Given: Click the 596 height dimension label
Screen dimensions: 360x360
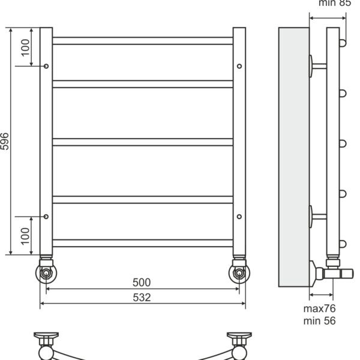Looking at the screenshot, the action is pyautogui.click(x=5, y=142).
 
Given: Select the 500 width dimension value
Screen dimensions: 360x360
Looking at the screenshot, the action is pyautogui.click(x=142, y=283).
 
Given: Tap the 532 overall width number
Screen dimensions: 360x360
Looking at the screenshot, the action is pyautogui.click(x=142, y=298).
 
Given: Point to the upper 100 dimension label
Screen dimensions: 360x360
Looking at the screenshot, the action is pyautogui.click(x=25, y=47).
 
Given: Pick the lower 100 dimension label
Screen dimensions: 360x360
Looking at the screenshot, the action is pyautogui.click(x=25, y=236).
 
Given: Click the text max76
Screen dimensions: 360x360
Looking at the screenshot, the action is pyautogui.click(x=319, y=308).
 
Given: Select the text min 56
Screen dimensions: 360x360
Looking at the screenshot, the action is pyautogui.click(x=319, y=321).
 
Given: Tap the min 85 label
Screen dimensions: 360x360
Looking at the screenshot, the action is pyautogui.click(x=335, y=3).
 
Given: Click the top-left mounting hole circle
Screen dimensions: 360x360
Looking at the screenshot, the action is pyautogui.click(x=46, y=66).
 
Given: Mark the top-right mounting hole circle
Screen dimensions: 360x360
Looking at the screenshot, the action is pyautogui.click(x=239, y=66).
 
